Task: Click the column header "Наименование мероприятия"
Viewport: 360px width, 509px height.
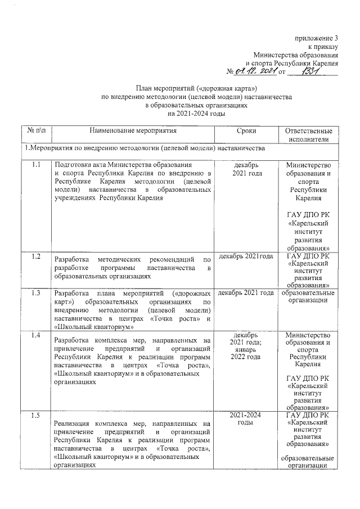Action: (x=133, y=130)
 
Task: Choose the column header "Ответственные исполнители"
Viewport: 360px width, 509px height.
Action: (x=309, y=135)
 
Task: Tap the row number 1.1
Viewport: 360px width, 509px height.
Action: (x=36, y=165)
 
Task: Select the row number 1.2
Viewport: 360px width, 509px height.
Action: (x=36, y=256)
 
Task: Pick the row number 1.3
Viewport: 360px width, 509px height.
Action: (x=36, y=293)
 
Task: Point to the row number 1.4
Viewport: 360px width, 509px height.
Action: (x=36, y=336)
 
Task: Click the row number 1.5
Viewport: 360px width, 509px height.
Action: (x=36, y=416)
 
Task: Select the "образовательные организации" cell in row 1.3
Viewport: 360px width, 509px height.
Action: (x=309, y=296)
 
